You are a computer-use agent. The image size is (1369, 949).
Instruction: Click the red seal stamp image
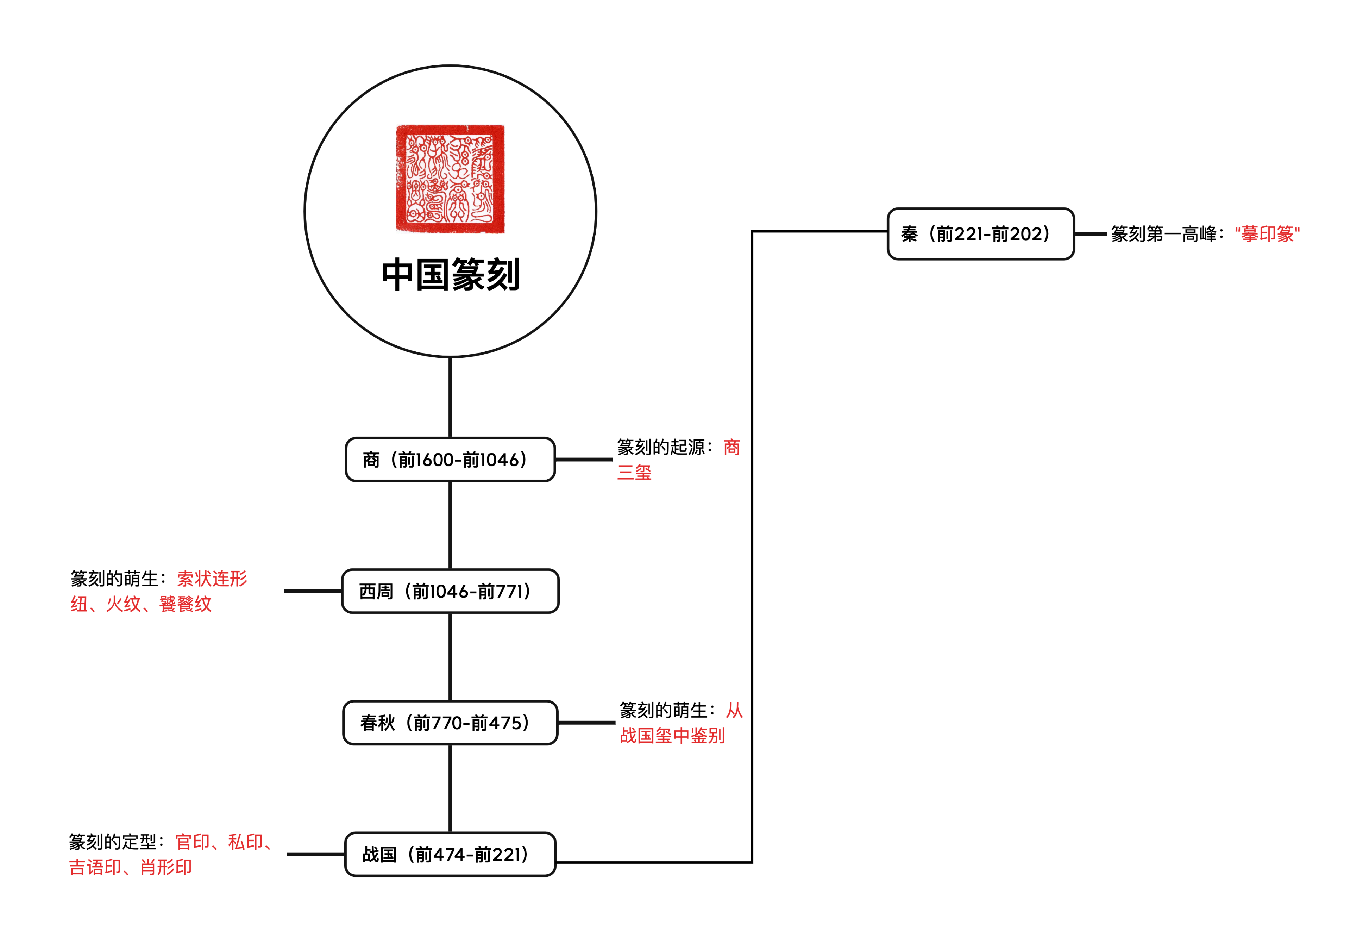(450, 179)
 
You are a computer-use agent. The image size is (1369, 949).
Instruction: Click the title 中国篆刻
(450, 275)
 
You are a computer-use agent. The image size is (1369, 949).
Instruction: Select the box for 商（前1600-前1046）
(450, 460)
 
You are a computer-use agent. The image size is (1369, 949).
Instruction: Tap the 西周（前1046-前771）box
(450, 591)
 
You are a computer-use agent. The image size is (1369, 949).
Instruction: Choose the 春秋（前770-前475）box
(450, 723)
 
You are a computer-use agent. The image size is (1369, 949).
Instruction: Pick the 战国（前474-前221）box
(450, 855)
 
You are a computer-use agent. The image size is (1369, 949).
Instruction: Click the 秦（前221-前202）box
(980, 234)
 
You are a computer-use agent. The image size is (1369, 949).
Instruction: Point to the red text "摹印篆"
(1267, 234)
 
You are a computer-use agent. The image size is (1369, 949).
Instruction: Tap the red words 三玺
(634, 473)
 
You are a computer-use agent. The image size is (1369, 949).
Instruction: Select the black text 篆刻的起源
(661, 447)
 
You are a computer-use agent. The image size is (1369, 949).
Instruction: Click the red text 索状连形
(212, 579)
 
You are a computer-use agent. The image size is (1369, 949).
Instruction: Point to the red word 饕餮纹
(186, 604)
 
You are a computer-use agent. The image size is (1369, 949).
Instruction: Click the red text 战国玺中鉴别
(672, 736)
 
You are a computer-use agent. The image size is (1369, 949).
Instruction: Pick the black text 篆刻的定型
(112, 842)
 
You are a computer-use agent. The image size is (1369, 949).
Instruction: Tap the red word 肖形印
(166, 868)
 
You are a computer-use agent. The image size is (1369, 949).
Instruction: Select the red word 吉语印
(95, 868)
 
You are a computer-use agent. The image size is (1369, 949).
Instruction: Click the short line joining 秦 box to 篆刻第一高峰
(1090, 234)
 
